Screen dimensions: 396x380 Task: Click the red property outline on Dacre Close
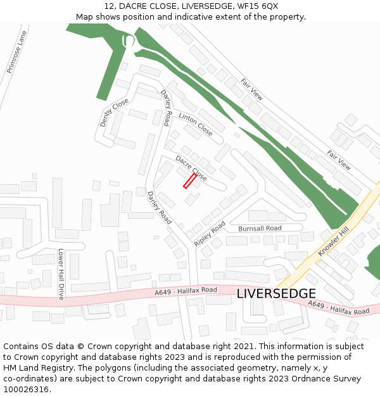point(189,181)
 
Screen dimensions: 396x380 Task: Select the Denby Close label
point(114,113)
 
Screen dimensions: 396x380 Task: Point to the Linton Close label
point(196,124)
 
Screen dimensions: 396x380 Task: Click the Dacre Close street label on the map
point(191,168)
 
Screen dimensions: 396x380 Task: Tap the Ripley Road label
point(210,233)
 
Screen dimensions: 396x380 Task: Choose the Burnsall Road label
point(260,228)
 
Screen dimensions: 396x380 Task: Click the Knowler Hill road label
point(334,242)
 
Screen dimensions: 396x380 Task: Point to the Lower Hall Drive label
point(61,274)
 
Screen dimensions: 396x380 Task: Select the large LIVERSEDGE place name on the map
point(276,294)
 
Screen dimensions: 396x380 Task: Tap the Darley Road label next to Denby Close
point(167,108)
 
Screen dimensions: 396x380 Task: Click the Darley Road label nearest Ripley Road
point(159,208)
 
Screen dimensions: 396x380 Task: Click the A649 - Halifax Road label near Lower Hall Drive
point(186,291)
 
